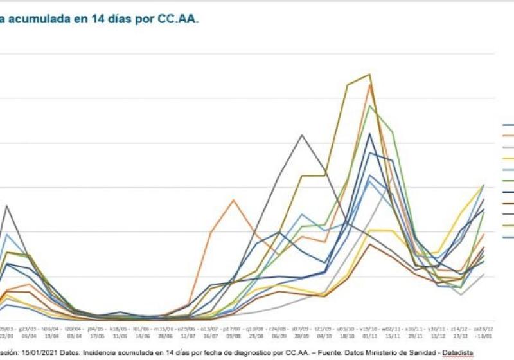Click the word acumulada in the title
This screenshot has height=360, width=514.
point(40,19)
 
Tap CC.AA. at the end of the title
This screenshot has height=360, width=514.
point(178,19)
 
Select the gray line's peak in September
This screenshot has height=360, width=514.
point(302,135)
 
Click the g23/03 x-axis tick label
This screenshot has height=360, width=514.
point(29,326)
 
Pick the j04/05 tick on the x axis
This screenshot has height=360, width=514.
point(97,326)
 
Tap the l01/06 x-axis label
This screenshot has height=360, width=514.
point(142,326)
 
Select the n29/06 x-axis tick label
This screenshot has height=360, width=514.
point(188,326)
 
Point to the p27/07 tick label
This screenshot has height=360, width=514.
point(233,326)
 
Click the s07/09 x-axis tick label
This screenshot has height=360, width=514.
point(301,326)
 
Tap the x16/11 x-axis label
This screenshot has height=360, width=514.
point(414,326)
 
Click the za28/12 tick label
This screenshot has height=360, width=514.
point(483,326)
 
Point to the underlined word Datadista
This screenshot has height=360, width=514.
point(454,353)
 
